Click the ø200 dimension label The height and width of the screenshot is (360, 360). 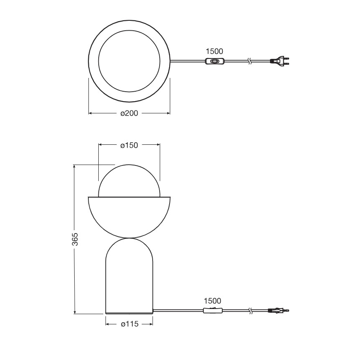129,113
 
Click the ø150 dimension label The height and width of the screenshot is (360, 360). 129,145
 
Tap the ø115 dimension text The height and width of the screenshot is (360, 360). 129,325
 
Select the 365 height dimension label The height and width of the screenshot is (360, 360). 75,239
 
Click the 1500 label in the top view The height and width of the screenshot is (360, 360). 214,51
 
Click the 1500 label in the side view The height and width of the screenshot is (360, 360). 212,301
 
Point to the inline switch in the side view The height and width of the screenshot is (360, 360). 212,311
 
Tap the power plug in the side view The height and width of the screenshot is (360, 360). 279,311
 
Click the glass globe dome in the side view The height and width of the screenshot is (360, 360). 129,180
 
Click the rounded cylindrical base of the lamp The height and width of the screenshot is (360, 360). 129,278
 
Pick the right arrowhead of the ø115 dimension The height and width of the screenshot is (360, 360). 151,325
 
